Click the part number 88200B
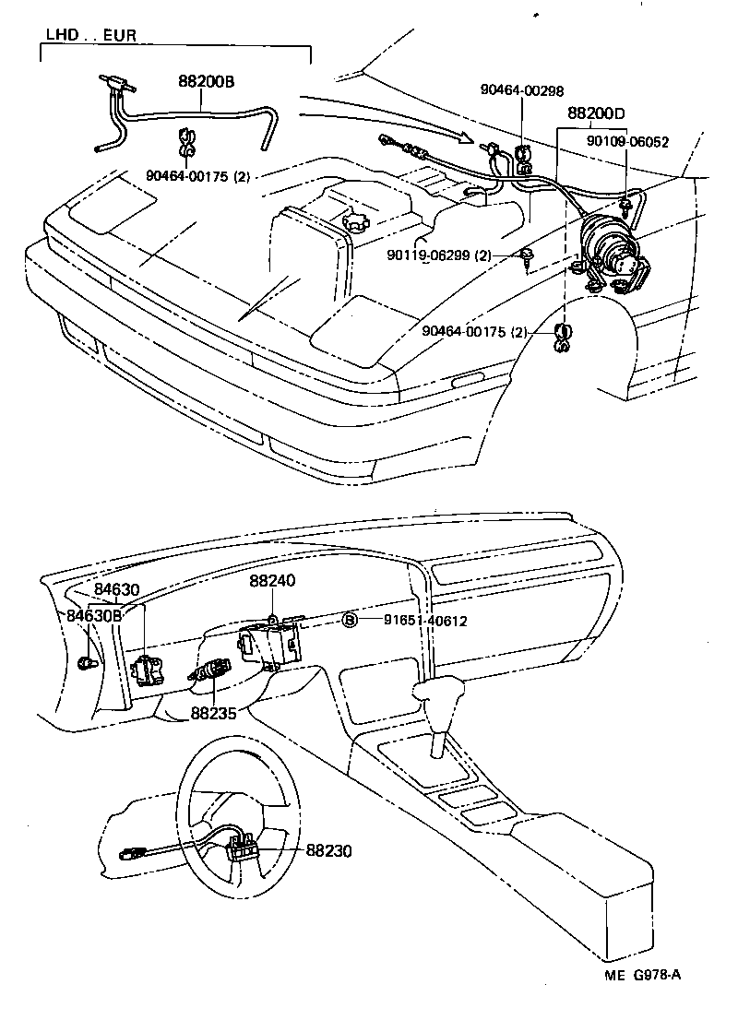(x=206, y=82)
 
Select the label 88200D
(x=595, y=113)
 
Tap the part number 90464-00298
(x=521, y=90)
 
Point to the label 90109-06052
(x=628, y=142)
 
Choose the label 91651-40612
(x=425, y=621)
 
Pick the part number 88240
(x=272, y=582)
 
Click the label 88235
(x=214, y=713)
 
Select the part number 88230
(x=329, y=852)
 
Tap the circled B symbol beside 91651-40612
(x=350, y=621)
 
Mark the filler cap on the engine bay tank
(x=353, y=224)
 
